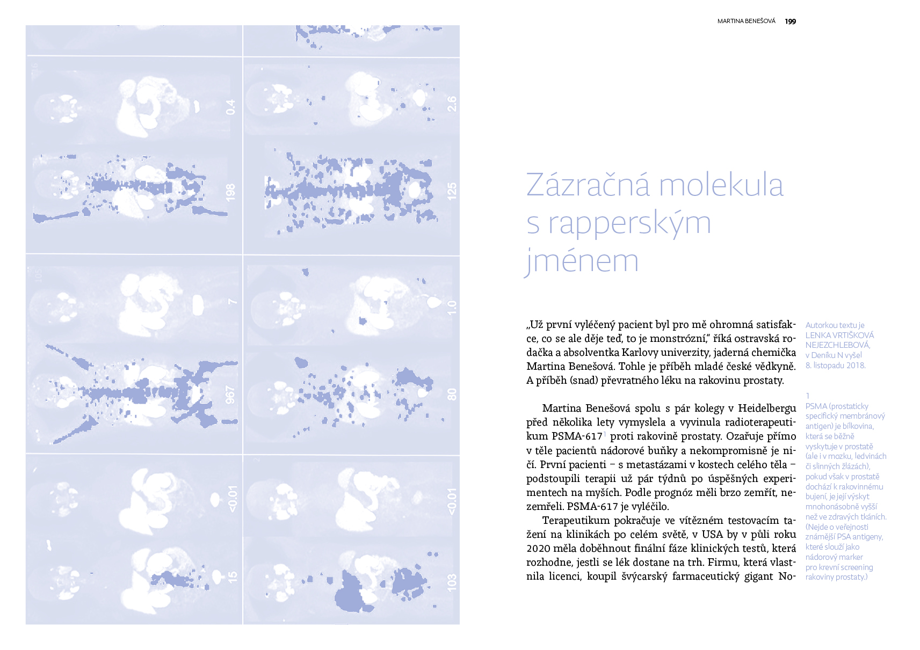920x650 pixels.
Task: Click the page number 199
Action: [790, 21]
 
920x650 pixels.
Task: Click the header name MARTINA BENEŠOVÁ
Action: [746, 21]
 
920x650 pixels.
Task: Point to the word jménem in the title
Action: [582, 261]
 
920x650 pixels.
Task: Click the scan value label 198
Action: [230, 193]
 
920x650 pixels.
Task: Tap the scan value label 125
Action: [452, 192]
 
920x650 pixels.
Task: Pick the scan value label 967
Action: [230, 395]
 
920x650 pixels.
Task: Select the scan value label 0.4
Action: [230, 107]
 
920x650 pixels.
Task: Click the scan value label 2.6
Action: [452, 104]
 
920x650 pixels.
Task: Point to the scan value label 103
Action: [452, 582]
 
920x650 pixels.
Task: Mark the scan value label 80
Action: [452, 395]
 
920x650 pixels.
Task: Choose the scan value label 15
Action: [231, 577]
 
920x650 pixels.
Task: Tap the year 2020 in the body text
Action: [539, 549]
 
